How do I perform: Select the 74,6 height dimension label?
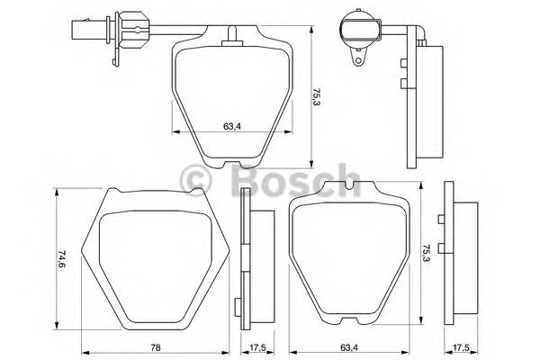(60, 259)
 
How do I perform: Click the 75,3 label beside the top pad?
(316, 96)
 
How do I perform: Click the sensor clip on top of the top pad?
(234, 35)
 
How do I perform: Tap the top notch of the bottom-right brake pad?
(344, 187)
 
